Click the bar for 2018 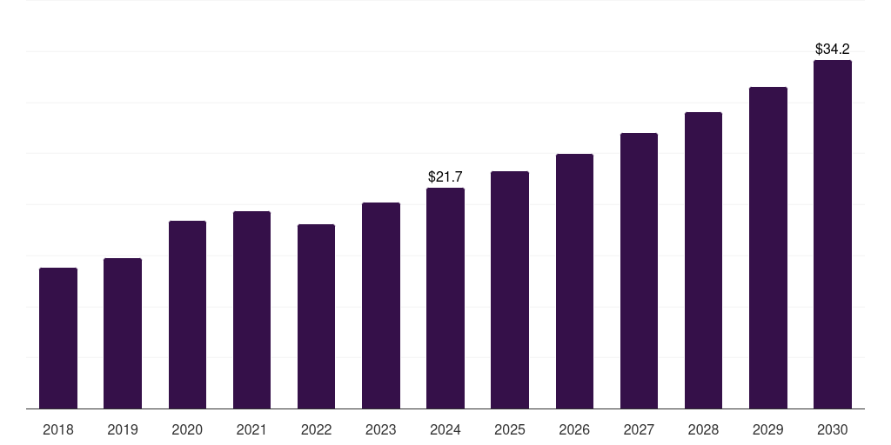point(58,338)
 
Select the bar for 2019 point(123,334)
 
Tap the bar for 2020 point(187,315)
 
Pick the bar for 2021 point(251,310)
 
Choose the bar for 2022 point(316,316)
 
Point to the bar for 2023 point(381,306)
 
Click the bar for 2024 point(445,298)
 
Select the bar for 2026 point(574,282)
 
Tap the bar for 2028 point(703,261)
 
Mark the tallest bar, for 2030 point(832,235)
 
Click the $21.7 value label point(445,177)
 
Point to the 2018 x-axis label point(58,429)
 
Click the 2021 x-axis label point(251,429)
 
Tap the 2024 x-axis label point(445,429)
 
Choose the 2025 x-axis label point(510,429)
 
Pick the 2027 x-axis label point(639,429)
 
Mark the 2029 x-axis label point(767,429)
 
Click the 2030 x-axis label point(832,429)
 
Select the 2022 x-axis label point(316,429)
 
